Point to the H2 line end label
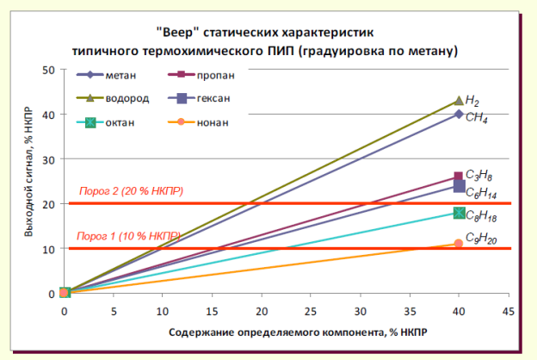(x=472, y=100)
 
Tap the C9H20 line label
(x=481, y=239)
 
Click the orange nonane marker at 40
(x=458, y=244)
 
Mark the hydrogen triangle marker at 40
(x=459, y=101)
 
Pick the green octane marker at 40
(x=459, y=213)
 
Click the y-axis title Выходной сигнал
(x=28, y=183)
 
